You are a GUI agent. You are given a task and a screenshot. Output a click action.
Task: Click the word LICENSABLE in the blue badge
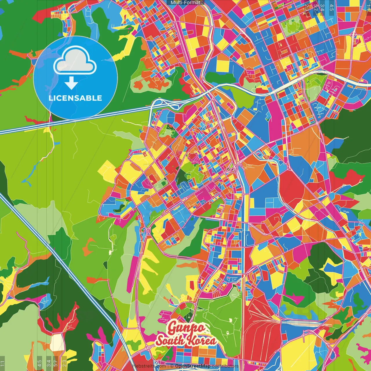(75, 98)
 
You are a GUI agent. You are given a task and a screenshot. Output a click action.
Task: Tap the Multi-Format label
(185, 3)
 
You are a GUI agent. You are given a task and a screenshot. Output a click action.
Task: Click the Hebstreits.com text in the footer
(149, 366)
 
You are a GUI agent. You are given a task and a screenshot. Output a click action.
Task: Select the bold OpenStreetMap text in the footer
(193, 366)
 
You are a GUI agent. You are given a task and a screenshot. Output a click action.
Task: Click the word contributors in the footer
(225, 366)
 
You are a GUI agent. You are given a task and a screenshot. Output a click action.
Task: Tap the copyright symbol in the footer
(172, 366)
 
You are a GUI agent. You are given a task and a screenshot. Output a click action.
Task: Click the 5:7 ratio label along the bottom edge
(55, 363)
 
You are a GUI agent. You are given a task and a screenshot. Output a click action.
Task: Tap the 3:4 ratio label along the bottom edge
(49, 363)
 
